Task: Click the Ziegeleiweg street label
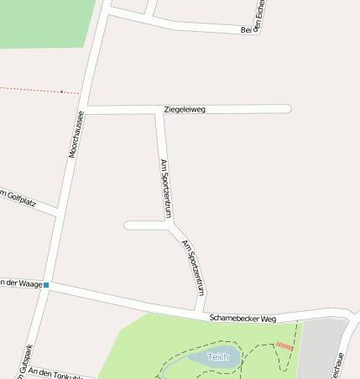(x=185, y=109)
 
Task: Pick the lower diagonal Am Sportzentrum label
(x=194, y=267)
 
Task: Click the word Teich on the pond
(x=218, y=357)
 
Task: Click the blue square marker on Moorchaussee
(x=46, y=285)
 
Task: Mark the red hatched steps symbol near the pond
(x=284, y=345)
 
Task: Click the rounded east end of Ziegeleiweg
(x=288, y=109)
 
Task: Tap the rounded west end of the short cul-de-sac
(x=128, y=225)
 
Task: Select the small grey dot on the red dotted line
(x=61, y=91)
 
